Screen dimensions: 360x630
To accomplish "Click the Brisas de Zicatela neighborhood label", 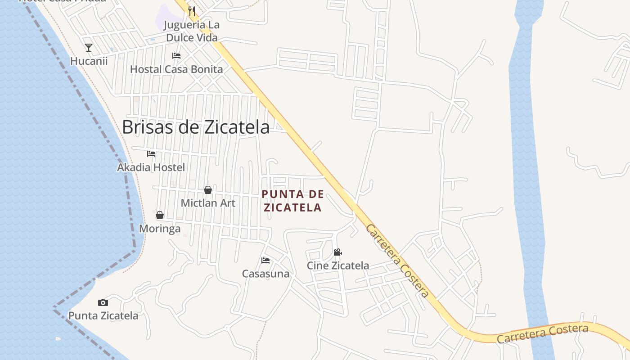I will point(196,127).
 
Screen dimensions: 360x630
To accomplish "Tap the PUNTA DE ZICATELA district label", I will point(292,201).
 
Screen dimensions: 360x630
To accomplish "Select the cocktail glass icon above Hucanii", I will point(89,47).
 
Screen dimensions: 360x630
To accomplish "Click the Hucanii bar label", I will point(89,61).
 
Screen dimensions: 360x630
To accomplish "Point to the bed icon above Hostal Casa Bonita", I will point(176,56).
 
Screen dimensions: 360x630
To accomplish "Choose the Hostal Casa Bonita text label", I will point(176,69).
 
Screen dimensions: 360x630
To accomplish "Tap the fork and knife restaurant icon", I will point(192,11).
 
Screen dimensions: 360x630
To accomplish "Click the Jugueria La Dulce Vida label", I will point(192,31).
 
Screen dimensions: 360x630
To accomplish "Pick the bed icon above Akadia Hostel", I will point(151,154).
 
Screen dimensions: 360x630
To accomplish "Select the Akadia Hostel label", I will point(151,167).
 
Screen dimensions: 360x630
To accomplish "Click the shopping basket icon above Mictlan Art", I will point(208,190).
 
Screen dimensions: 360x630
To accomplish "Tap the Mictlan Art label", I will point(208,203).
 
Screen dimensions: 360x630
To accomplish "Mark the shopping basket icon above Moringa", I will point(160,215).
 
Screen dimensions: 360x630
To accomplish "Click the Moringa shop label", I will point(160,229).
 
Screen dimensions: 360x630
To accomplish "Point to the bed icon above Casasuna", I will point(265,261).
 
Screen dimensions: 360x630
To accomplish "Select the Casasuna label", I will point(265,274).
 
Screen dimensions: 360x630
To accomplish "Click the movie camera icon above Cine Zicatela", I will point(337,252).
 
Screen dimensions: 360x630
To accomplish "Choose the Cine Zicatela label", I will point(337,265).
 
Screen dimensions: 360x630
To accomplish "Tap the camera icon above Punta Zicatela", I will point(103,302).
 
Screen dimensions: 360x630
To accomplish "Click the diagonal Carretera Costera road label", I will point(397,261).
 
